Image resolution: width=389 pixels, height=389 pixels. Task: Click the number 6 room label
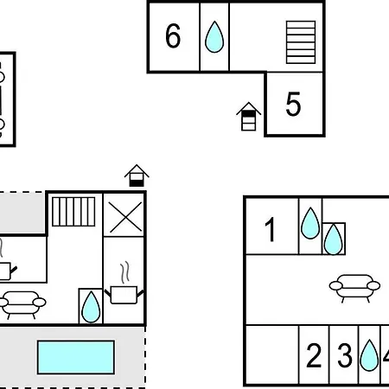(173, 35)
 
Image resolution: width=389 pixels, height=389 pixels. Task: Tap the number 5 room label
(293, 104)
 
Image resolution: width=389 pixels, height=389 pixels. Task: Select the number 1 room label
(271, 229)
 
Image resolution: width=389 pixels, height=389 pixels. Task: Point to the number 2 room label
(314, 355)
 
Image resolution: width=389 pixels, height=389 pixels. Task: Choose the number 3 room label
(345, 355)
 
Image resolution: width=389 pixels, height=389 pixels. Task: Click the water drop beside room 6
(214, 37)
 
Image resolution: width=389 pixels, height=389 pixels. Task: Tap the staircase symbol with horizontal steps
(301, 42)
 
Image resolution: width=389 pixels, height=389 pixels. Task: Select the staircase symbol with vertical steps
(73, 212)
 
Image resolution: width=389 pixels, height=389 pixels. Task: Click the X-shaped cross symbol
(125, 217)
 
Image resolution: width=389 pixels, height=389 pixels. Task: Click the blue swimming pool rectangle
(76, 357)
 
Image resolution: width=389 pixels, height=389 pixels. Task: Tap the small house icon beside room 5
(248, 117)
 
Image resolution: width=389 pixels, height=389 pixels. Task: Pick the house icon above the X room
(137, 175)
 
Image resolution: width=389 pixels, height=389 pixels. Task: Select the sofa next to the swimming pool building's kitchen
(22, 305)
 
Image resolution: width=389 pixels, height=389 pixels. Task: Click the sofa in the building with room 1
(354, 288)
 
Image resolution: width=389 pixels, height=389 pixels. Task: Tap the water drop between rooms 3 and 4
(369, 355)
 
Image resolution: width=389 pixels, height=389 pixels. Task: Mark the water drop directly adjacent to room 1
(310, 223)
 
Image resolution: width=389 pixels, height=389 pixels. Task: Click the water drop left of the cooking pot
(91, 307)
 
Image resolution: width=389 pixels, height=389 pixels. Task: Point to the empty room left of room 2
(272, 354)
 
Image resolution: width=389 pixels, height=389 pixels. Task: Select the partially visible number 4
(386, 355)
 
